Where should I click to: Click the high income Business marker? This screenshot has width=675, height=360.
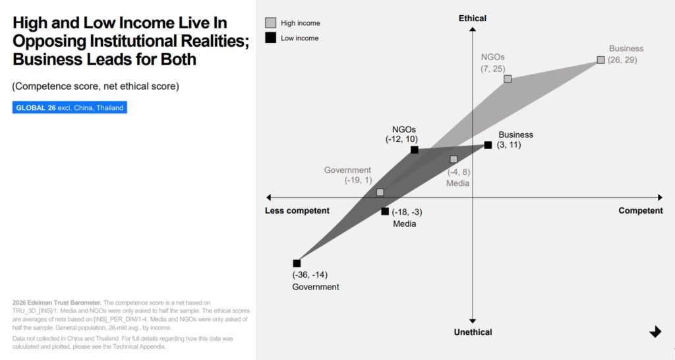pos(601,60)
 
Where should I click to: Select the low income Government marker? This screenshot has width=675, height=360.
pos(297,263)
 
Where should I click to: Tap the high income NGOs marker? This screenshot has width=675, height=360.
pos(508,79)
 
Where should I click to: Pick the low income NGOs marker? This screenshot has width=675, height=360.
pos(415,150)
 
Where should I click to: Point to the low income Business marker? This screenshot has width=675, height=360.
pos(488,145)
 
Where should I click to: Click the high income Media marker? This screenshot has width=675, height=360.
pos(454,160)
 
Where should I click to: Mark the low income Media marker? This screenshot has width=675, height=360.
pos(385,212)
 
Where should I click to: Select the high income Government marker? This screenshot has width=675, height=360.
pos(380,193)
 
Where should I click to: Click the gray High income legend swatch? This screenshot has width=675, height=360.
pos(270,23)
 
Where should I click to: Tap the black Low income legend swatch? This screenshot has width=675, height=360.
pos(270,38)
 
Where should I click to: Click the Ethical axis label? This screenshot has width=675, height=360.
pos(473,18)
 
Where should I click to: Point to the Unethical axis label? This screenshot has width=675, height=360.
pos(473,332)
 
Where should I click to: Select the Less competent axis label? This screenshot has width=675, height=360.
pos(297,211)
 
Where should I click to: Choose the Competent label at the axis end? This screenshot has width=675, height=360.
pos(641,211)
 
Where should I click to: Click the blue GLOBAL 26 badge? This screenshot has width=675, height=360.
pos(69,107)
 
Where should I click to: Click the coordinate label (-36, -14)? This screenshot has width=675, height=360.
pos(310,275)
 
